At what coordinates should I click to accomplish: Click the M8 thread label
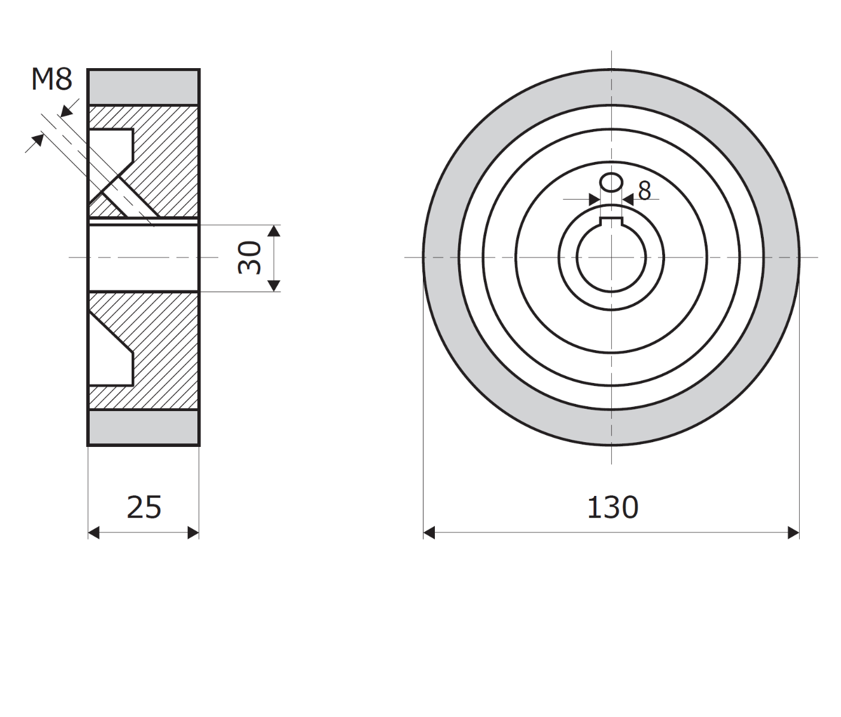coord(51,79)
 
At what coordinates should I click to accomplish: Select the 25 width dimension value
coord(144,508)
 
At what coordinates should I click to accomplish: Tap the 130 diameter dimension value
coord(613,508)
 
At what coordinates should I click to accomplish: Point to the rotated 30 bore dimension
coord(249,258)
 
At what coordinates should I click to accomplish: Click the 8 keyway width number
coord(644,191)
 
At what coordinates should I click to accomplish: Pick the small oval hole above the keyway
coord(611,182)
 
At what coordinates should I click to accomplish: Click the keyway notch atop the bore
coord(611,221)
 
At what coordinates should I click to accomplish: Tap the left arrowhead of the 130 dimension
coord(429,532)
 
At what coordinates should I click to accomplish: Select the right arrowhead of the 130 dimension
coord(793,532)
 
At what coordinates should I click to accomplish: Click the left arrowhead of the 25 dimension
coord(94,532)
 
